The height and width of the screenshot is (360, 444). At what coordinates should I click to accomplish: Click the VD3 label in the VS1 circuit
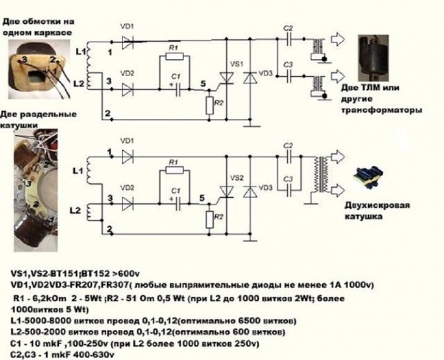tap(266, 71)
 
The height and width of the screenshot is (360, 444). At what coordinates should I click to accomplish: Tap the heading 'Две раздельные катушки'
tap(30, 118)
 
